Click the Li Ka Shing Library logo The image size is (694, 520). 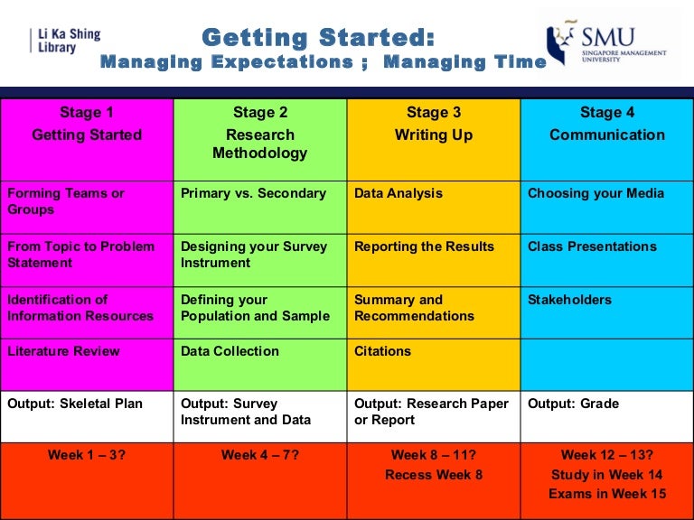65,41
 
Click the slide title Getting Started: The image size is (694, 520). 318,38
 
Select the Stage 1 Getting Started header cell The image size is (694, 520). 87,125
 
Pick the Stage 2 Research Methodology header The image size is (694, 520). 260,133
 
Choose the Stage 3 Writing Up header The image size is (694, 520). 434,125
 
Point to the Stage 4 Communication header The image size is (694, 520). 607,125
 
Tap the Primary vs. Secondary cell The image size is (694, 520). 254,193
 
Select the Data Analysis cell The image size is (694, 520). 399,193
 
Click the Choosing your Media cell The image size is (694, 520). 596,193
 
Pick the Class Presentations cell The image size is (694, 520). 592,246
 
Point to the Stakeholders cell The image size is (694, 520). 569,300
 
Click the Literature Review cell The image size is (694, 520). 63,351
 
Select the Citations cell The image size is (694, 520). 382,351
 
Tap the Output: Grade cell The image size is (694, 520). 573,404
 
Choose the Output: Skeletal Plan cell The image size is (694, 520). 75,404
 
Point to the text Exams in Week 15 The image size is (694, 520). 607,494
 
